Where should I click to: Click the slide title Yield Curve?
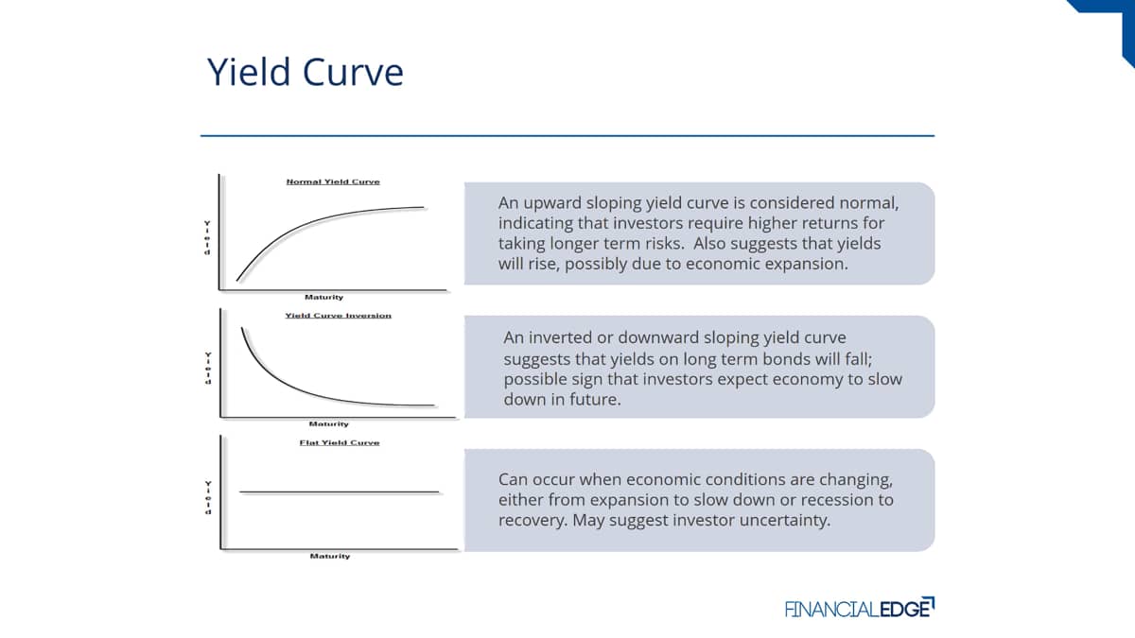point(305,72)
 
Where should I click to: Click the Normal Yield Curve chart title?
point(333,181)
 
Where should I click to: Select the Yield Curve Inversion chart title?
point(338,316)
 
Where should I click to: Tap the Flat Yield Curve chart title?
point(340,442)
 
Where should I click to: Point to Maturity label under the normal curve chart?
point(323,297)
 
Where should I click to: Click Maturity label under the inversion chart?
point(329,423)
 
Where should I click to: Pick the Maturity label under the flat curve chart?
point(330,556)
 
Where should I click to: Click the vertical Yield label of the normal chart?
point(207,238)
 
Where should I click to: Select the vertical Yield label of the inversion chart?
point(208,369)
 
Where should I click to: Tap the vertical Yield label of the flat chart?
point(208,498)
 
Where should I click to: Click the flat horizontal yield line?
point(339,491)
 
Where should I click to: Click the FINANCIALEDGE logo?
point(860,608)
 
